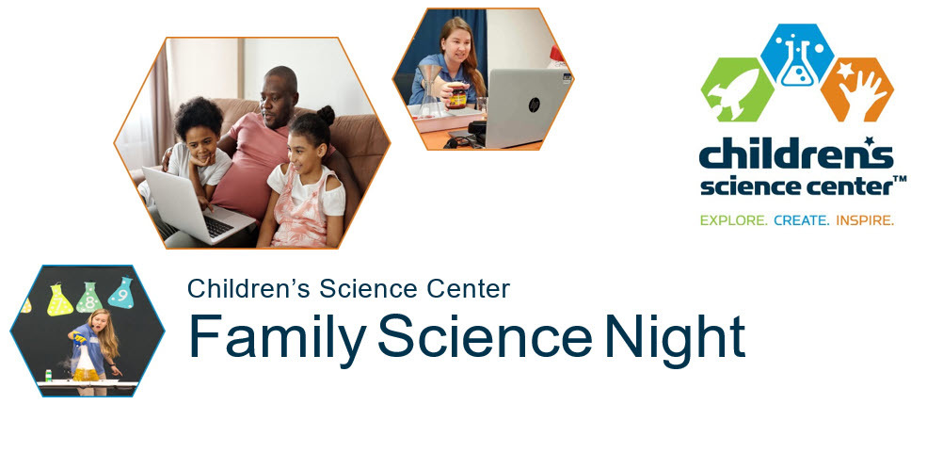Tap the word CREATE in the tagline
(802, 220)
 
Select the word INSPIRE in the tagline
(864, 220)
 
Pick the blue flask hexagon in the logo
(797, 55)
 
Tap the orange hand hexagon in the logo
(856, 89)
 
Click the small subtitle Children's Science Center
(348, 288)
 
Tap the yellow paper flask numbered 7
(59, 300)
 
